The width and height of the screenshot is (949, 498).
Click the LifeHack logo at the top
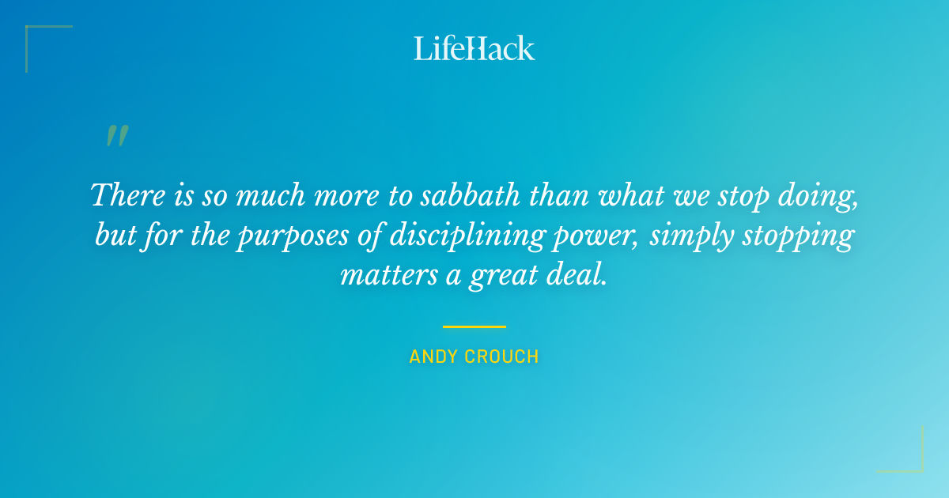pos(474,48)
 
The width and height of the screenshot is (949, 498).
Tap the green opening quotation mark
pos(117,137)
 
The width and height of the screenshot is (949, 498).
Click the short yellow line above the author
pos(474,326)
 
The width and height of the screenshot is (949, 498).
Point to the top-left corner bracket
pos(32,32)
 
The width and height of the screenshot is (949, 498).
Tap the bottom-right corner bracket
pos(917,466)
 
